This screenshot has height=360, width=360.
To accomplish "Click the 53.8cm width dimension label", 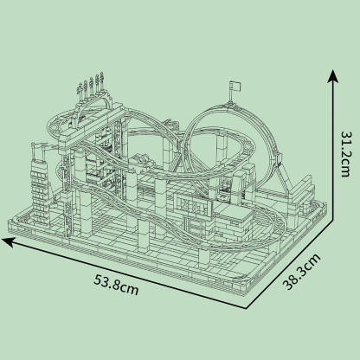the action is click(116, 285).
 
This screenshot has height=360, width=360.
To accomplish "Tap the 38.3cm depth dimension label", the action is click(301, 272).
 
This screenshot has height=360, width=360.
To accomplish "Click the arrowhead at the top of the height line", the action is click(333, 75).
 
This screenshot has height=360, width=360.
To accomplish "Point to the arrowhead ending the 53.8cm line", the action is click(8, 241).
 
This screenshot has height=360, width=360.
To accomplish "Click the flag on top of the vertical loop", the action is click(235, 87).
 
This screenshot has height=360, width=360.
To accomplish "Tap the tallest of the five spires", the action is click(101, 80).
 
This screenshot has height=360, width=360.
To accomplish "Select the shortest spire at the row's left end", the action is click(80, 93).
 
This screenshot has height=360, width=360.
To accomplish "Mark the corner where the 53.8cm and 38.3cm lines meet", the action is click(247, 308).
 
